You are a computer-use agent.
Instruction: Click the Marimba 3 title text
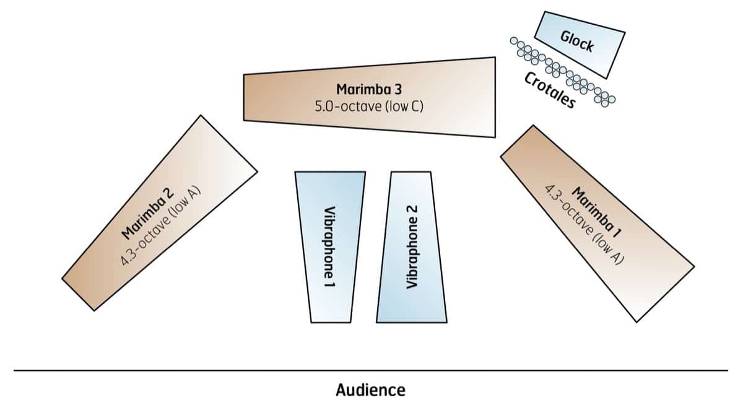(369, 89)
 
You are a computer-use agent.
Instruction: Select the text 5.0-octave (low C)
(369, 105)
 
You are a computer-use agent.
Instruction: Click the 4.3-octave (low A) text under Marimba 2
(162, 224)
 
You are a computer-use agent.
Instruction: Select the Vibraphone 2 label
(411, 246)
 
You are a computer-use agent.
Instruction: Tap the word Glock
(577, 40)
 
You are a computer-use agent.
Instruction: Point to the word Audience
(370, 390)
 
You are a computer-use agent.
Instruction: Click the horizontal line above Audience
(370, 370)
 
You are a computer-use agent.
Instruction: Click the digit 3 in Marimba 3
(399, 89)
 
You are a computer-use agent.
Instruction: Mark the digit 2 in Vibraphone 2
(411, 211)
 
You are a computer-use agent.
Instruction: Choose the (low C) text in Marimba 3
(404, 105)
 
